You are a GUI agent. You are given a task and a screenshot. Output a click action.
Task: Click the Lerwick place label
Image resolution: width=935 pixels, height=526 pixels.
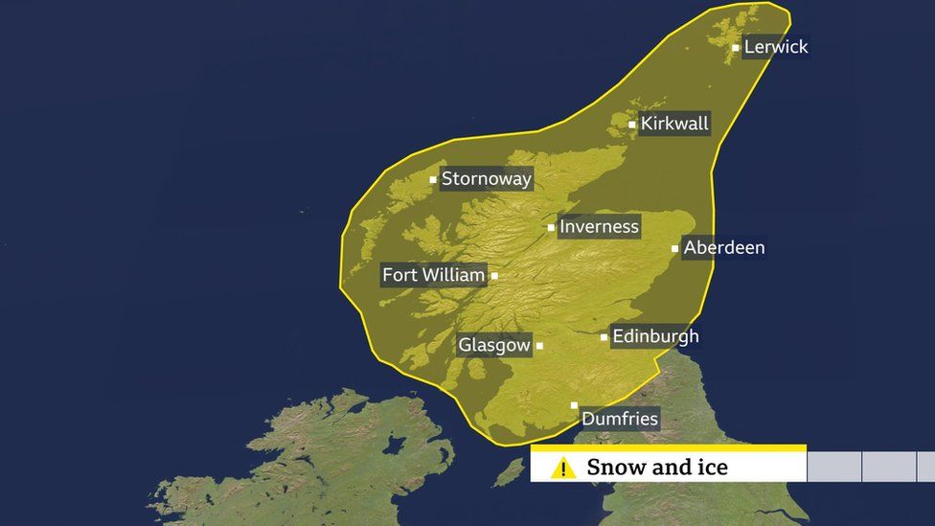click(x=776, y=47)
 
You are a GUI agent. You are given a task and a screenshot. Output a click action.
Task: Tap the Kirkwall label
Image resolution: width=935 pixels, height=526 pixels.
click(x=674, y=124)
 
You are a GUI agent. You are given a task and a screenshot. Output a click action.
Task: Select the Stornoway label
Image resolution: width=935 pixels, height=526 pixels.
click(x=486, y=178)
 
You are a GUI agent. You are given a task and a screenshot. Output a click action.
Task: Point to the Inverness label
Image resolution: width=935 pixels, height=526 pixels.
click(x=599, y=227)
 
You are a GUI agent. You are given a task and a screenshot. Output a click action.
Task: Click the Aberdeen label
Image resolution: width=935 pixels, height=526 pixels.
click(x=724, y=248)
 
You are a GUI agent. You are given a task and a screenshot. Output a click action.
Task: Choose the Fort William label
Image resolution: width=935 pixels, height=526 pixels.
click(x=433, y=275)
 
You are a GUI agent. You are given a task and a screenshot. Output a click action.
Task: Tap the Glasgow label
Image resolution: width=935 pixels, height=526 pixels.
click(x=494, y=345)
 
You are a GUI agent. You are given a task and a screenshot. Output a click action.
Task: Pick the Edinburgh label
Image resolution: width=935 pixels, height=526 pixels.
click(x=655, y=336)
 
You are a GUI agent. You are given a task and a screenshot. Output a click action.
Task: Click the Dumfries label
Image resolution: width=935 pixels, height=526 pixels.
click(x=620, y=419)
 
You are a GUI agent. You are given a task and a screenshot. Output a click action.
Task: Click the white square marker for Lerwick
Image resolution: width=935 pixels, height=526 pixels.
click(x=736, y=48)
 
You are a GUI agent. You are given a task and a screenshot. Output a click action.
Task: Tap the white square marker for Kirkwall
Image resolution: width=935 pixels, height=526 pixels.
click(x=632, y=125)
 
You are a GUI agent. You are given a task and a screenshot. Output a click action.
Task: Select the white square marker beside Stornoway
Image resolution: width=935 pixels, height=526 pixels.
click(x=433, y=179)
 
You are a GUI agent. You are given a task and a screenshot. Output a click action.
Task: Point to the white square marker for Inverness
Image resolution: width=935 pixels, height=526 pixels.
click(x=551, y=228)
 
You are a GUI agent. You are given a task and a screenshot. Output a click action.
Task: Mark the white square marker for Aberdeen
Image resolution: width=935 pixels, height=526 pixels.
click(x=675, y=249)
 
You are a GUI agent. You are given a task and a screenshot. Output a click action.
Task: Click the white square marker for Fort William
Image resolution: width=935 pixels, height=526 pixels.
click(x=494, y=276)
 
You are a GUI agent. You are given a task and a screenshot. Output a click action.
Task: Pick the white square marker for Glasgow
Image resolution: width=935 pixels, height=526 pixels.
click(x=539, y=346)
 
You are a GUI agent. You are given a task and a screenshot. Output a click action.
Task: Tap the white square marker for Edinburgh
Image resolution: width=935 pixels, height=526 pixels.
click(x=604, y=337)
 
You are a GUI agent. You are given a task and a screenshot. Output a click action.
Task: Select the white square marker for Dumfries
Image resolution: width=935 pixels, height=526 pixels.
click(x=575, y=406)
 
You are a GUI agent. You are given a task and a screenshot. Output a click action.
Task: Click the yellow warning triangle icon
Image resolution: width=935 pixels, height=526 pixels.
click(x=563, y=468)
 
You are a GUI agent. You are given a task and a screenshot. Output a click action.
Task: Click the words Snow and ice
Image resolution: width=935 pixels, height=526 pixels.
click(x=657, y=468)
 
